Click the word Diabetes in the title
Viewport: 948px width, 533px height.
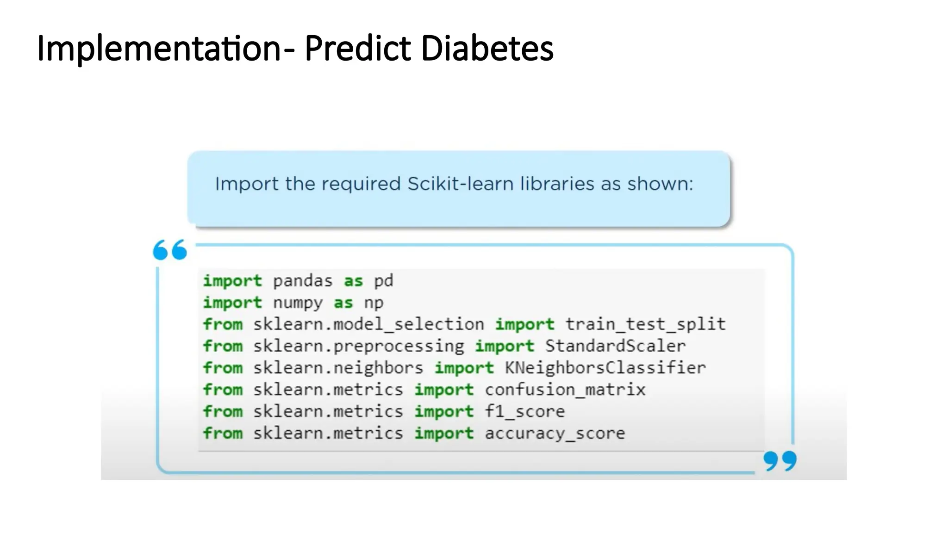pyautogui.click(x=487, y=48)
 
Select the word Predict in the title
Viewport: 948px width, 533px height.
pyautogui.click(x=357, y=48)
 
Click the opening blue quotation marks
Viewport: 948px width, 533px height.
pyautogui.click(x=170, y=250)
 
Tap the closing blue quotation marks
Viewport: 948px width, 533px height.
pyautogui.click(x=780, y=461)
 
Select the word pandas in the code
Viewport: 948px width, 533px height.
pyautogui.click(x=303, y=281)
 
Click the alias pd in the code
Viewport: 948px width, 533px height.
pyautogui.click(x=383, y=281)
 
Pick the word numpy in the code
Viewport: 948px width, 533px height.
pyautogui.click(x=298, y=303)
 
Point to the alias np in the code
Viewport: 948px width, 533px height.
pyautogui.click(x=374, y=303)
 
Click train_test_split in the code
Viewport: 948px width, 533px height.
pyautogui.click(x=645, y=324)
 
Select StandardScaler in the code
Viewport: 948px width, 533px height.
pyautogui.click(x=615, y=346)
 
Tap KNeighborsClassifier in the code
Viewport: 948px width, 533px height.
pyautogui.click(x=605, y=368)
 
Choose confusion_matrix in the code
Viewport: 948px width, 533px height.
pyautogui.click(x=565, y=390)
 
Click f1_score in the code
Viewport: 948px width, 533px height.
pyautogui.click(x=524, y=411)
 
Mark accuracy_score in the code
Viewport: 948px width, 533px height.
pyautogui.click(x=555, y=434)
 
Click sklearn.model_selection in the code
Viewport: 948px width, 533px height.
pyautogui.click(x=368, y=324)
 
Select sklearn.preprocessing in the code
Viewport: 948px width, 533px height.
pyautogui.click(x=358, y=346)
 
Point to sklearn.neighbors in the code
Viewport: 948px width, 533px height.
pyautogui.click(x=338, y=368)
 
